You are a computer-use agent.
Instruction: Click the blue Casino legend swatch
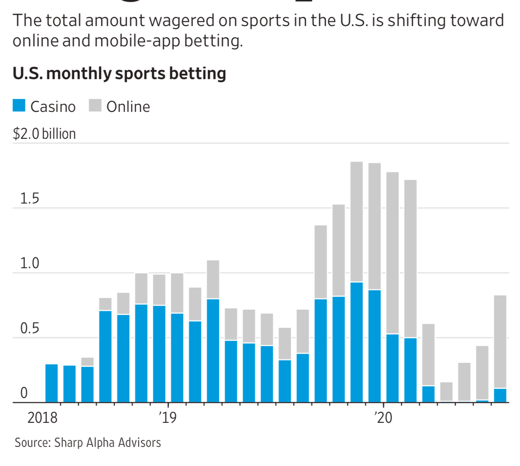19,106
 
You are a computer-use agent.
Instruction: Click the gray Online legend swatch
95,106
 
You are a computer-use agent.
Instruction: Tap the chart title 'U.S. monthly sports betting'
119,73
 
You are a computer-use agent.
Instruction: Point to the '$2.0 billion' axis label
44,134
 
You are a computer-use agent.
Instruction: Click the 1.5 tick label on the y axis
29,199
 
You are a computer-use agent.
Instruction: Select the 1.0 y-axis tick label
29,263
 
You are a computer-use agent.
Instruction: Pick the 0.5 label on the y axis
29,328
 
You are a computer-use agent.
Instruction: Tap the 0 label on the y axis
24,393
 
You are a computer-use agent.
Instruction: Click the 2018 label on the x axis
42,417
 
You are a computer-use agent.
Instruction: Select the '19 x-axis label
167,417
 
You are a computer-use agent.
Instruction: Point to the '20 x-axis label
383,417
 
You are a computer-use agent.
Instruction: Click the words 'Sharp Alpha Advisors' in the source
108,442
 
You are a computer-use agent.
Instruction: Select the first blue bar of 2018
52,383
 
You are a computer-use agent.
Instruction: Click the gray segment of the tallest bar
357,222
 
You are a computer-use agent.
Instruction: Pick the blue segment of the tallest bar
357,342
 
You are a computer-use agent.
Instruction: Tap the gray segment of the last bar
500,342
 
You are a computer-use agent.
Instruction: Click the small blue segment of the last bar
500,395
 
